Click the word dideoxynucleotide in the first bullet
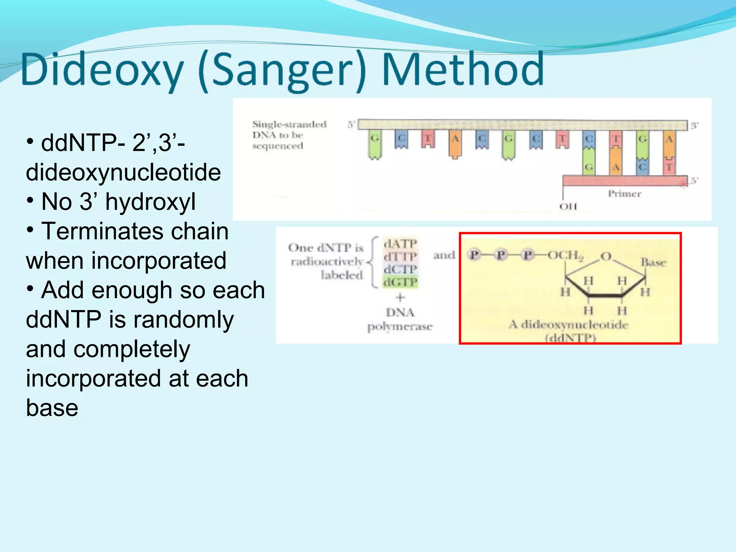tap(123, 172)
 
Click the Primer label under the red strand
tap(624, 194)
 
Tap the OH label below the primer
tap(568, 207)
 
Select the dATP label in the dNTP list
tap(400, 244)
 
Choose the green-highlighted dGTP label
tap(400, 282)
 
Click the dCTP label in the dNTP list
tap(400, 269)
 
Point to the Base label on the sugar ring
tap(653, 262)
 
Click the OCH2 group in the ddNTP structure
tap(565, 255)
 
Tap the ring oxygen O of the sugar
tap(606, 256)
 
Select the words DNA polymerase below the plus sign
tap(400, 319)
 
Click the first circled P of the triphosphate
tap(474, 255)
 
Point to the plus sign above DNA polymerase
tap(400, 298)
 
